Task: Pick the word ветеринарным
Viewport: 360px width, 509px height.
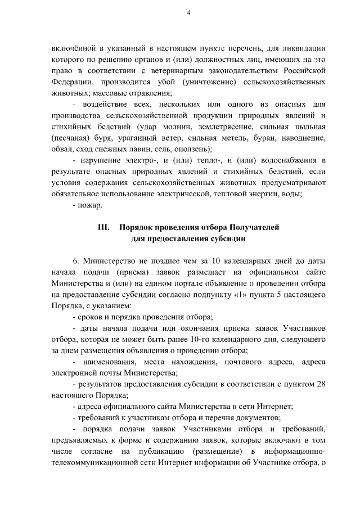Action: [167, 70]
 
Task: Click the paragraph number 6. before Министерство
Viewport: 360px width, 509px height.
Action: [76, 261]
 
